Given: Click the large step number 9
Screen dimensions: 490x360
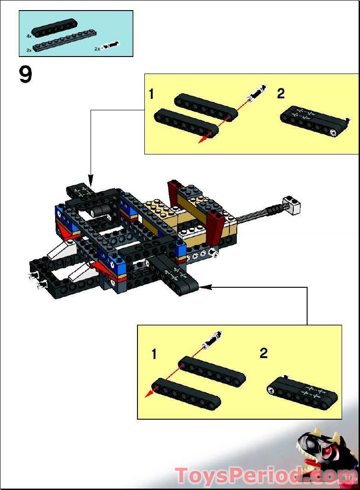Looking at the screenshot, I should (x=26, y=75).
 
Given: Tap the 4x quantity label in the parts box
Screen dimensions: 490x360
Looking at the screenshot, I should (x=29, y=35).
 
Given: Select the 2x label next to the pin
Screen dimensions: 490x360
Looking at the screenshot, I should (x=97, y=48).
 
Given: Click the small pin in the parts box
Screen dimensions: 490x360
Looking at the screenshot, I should (x=110, y=46).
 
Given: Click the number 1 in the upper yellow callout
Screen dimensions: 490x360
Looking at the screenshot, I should (x=152, y=95).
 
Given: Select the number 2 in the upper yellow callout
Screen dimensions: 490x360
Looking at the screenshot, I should (x=280, y=94).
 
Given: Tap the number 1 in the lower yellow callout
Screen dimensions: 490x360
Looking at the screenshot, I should (x=154, y=354).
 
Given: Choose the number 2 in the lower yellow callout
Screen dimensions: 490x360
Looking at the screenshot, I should (x=263, y=353).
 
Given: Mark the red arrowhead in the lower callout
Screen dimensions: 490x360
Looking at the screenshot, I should (x=149, y=394).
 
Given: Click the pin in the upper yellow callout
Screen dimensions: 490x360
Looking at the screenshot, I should (x=257, y=93).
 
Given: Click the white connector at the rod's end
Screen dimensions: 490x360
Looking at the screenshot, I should (x=292, y=205).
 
